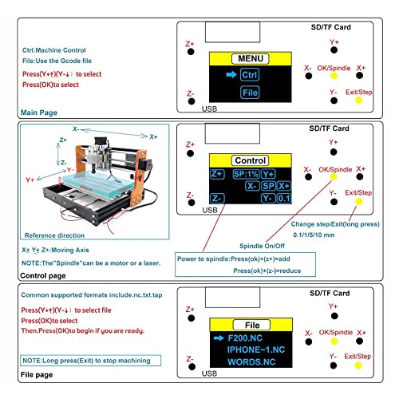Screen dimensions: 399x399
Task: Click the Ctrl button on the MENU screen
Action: (250, 74)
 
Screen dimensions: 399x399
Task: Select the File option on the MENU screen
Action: (250, 93)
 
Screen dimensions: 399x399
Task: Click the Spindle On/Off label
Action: (263, 246)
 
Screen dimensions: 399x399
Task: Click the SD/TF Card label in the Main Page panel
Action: (330, 26)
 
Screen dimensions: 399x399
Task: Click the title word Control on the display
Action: (250, 160)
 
